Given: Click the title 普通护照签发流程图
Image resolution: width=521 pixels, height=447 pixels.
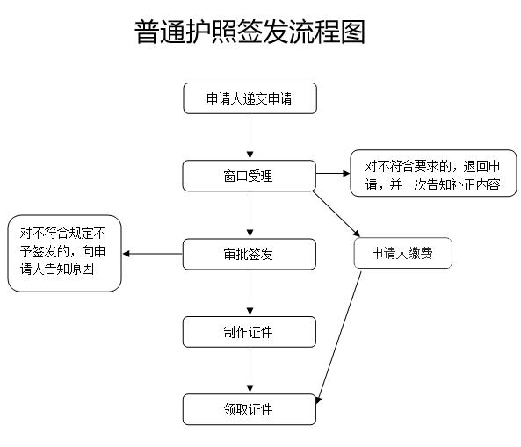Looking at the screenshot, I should click(250, 32).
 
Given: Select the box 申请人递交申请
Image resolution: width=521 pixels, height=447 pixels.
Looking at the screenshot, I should click(250, 98).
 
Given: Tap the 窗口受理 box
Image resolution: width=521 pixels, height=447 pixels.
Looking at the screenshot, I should click(249, 176).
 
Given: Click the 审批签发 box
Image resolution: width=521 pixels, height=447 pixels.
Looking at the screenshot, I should click(249, 254).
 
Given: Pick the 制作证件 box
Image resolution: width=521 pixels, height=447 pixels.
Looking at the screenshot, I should click(249, 332).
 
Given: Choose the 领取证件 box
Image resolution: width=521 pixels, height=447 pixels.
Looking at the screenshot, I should click(249, 409).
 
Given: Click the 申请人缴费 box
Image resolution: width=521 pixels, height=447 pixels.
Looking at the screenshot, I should click(402, 254).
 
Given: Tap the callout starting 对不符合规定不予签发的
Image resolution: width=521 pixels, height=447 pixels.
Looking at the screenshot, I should click(64, 254).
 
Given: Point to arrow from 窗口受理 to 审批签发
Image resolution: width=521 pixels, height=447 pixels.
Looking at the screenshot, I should click(250, 214).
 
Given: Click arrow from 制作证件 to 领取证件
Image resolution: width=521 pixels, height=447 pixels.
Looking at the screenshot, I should click(250, 371).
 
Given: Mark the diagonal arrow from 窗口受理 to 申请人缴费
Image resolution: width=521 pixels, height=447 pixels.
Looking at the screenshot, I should click(336, 213).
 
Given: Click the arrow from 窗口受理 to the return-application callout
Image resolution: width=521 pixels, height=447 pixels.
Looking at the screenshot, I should click(332, 173).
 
